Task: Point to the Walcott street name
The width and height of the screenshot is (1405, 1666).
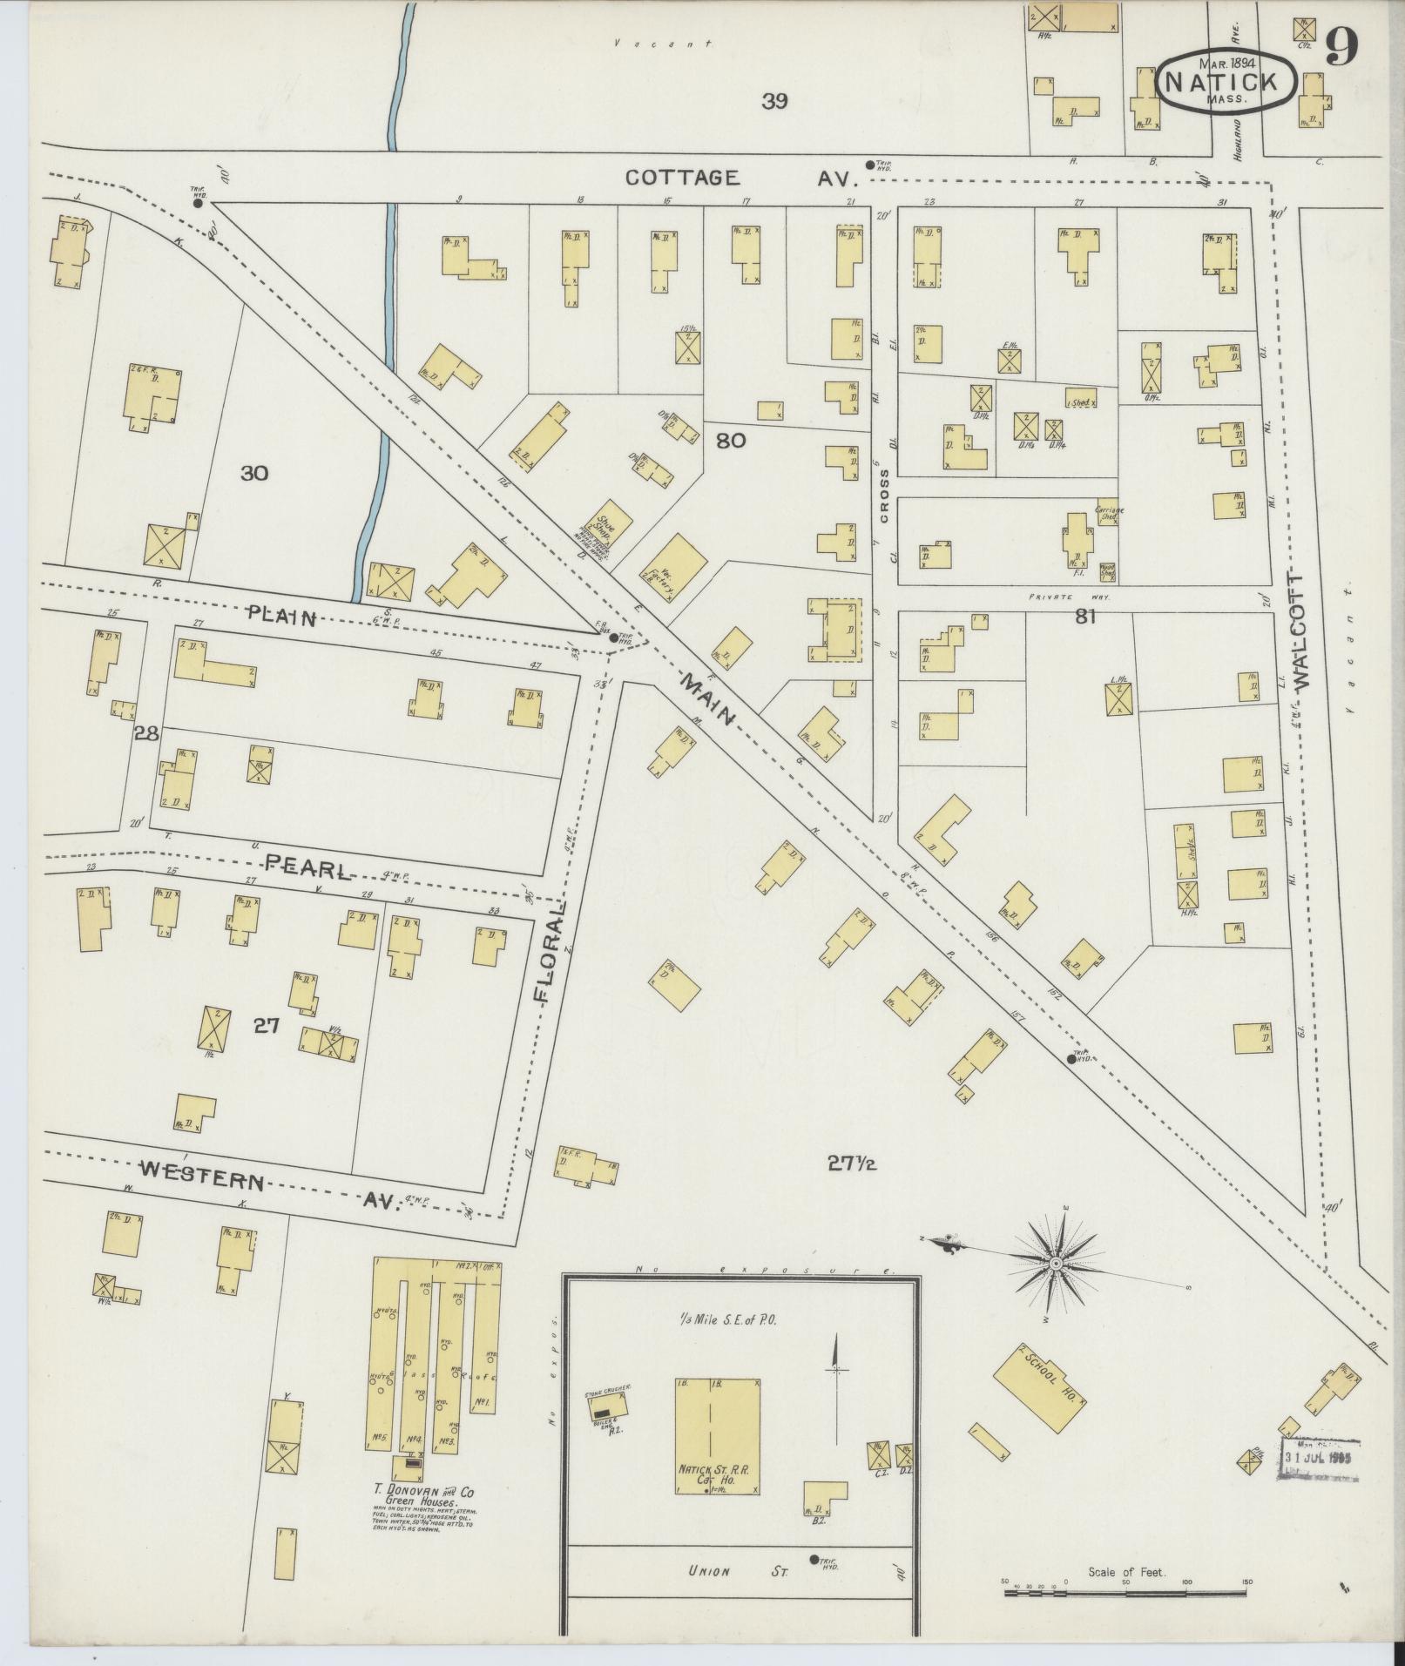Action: pos(1303,633)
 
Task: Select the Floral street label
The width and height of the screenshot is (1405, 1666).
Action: pos(549,954)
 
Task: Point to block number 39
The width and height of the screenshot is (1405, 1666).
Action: pos(774,101)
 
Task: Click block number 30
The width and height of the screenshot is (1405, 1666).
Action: pos(254,474)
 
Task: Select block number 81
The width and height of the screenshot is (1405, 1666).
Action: pos(1084,617)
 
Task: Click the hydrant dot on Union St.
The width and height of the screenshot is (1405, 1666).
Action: pos(814,1559)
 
